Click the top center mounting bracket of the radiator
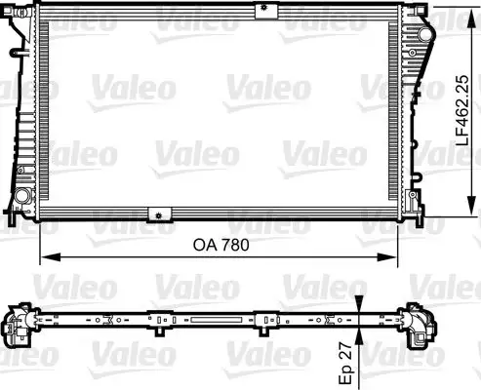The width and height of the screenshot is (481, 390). point(262,11)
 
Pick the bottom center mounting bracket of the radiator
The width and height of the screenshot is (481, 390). point(156,214)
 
